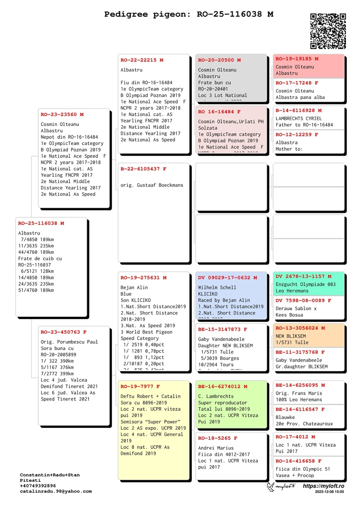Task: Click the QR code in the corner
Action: pos(328,31)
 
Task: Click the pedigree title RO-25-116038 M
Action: pos(189,14)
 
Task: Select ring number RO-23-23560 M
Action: pos(62,114)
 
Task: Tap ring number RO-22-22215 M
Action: pos(142,60)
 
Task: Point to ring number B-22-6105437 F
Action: pos(144,169)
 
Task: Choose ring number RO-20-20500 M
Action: pos(220,60)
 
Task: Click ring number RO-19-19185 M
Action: pos(297,59)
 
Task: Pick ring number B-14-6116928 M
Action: pos(299,110)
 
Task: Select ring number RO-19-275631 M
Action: pos(144,278)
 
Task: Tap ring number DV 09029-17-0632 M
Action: pos(228,278)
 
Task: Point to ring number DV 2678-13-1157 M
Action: pos(303,276)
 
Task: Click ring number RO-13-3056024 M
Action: pos(300,328)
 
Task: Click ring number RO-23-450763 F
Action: pos(64,332)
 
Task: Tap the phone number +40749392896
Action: pos(38,486)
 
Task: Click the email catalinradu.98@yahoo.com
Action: pos(56,491)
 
